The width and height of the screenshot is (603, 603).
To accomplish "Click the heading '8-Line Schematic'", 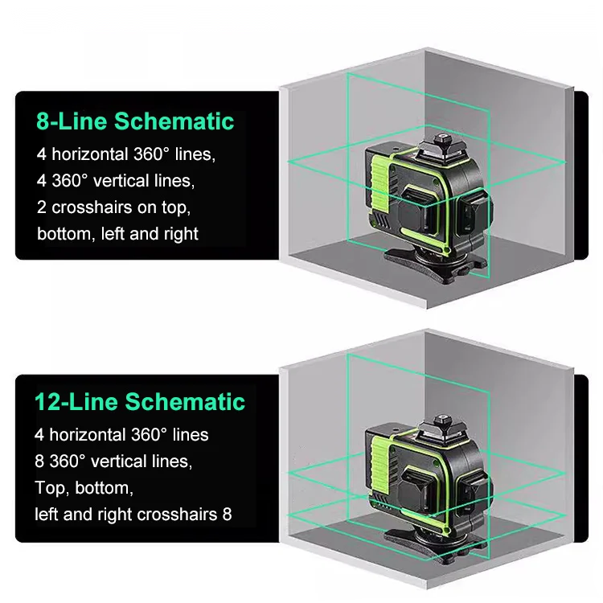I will pyautogui.click(x=135, y=121).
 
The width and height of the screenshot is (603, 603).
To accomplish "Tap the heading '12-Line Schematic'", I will pyautogui.click(x=139, y=401).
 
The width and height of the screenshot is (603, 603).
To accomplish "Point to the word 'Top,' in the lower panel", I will pyautogui.click(x=51, y=487).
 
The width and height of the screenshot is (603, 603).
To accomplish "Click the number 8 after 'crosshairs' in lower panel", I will pyautogui.click(x=226, y=513).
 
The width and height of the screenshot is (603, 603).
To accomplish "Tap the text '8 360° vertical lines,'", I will pyautogui.click(x=113, y=461).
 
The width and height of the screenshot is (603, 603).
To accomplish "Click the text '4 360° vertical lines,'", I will pyautogui.click(x=116, y=179).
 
